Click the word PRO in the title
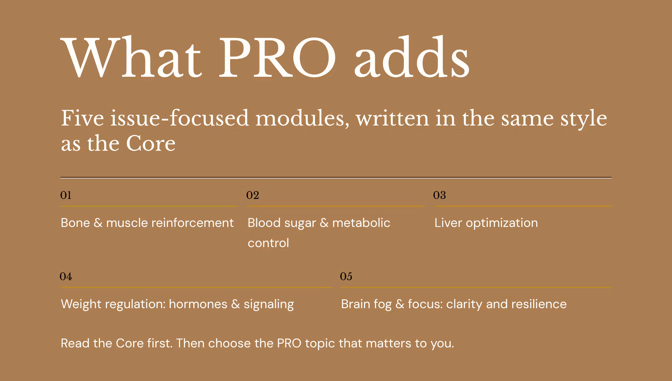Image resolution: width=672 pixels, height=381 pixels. [277, 57]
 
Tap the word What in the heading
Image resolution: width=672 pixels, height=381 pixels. [131, 57]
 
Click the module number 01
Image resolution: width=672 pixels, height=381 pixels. [66, 195]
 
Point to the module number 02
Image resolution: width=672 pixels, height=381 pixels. [253, 195]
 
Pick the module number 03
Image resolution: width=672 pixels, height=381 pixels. [439, 195]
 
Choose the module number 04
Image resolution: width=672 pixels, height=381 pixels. [66, 277]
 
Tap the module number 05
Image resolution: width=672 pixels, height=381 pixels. [346, 277]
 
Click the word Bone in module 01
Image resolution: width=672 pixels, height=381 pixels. [75, 223]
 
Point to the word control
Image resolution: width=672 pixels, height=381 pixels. [268, 243]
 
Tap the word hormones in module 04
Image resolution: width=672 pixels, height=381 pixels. [198, 304]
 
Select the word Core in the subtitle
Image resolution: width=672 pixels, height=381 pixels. [151, 143]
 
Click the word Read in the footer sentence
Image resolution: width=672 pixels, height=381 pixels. [75, 343]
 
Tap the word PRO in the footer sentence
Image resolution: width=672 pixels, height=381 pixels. [289, 343]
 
